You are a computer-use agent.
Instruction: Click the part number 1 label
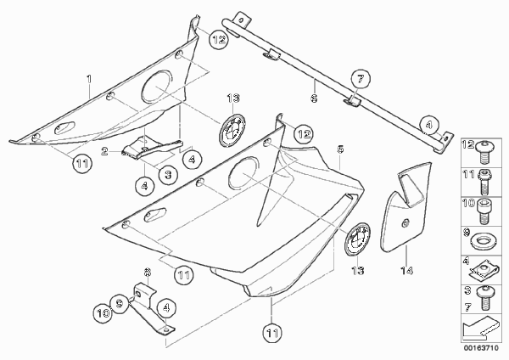pyautogui.click(x=89, y=79)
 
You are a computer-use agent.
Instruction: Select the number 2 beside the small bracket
pyautogui.click(x=104, y=151)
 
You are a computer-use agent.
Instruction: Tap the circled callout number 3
pyautogui.click(x=168, y=175)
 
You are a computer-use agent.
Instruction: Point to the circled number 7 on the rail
pyautogui.click(x=361, y=79)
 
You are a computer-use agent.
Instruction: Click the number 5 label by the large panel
pyautogui.click(x=340, y=149)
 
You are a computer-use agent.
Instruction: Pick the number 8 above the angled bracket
pyautogui.click(x=147, y=272)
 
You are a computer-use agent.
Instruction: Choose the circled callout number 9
pyautogui.click(x=120, y=303)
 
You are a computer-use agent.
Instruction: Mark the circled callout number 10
pyautogui.click(x=103, y=313)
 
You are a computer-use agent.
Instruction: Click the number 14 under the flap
pyautogui.click(x=406, y=270)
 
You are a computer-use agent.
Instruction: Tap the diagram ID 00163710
pyautogui.click(x=481, y=348)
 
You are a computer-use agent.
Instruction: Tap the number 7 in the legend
pyautogui.click(x=467, y=307)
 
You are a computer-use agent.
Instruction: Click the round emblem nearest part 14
pyautogui.click(x=357, y=239)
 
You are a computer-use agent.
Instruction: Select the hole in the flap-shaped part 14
pyautogui.click(x=406, y=223)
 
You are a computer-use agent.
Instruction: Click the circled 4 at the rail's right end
pyautogui.click(x=428, y=125)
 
